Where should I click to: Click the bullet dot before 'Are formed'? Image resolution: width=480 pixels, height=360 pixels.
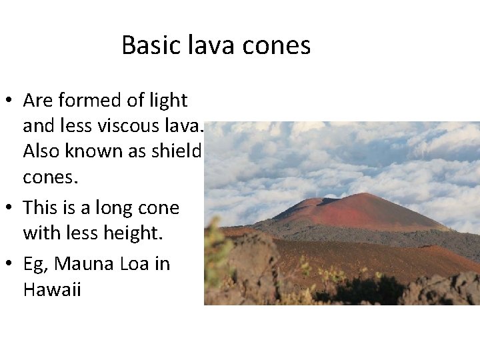coord(10,101)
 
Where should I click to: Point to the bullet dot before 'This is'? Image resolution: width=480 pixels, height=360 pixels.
coord(10,209)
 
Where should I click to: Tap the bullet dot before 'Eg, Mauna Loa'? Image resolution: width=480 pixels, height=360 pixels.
coord(10,265)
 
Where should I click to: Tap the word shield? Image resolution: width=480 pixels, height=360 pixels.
coord(178,151)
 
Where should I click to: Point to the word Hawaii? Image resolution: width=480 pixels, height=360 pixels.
coord(51,290)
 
